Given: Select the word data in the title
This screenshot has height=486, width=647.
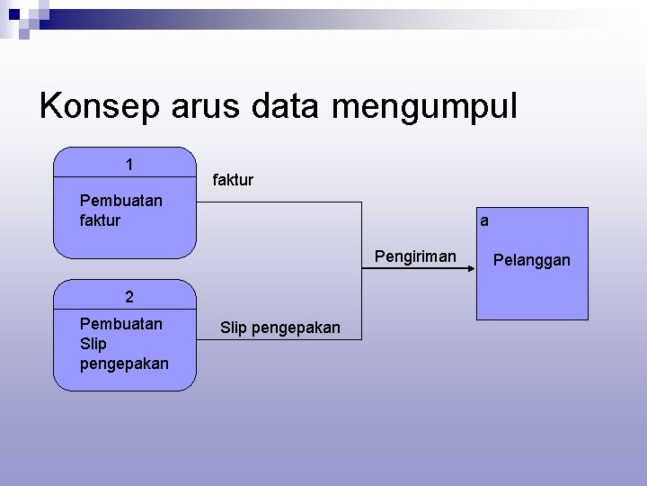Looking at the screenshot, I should pyautogui.click(x=286, y=107).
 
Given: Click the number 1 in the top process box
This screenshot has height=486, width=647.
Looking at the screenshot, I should pyautogui.click(x=129, y=165).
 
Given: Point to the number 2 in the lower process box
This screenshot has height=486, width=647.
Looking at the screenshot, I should pyautogui.click(x=129, y=297).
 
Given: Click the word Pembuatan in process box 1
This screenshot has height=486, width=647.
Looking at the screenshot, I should pyautogui.click(x=121, y=201).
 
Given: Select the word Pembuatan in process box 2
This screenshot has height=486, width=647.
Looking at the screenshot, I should pyautogui.click(x=121, y=323).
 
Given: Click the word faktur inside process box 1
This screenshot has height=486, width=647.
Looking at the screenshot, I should pyautogui.click(x=100, y=220).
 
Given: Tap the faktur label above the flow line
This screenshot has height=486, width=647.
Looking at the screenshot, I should pyautogui.click(x=233, y=180).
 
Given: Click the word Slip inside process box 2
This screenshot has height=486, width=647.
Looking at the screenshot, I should pyautogui.click(x=93, y=344).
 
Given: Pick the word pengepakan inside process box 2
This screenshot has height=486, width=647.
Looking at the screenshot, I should pyautogui.click(x=124, y=364).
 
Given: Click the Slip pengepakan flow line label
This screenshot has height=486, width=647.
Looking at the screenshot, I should pyautogui.click(x=280, y=328).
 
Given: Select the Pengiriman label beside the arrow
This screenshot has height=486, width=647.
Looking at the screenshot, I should pyautogui.click(x=415, y=257).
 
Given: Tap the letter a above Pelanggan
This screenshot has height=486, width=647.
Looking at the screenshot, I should pyautogui.click(x=484, y=220).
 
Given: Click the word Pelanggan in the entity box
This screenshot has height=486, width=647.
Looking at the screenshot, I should pyautogui.click(x=532, y=260).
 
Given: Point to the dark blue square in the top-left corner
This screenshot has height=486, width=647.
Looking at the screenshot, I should pyautogui.click(x=13, y=13).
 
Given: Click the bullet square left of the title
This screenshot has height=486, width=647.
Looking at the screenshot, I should pyautogui.click(x=24, y=32).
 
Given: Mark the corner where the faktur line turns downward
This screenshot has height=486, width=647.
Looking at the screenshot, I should pyautogui.click(x=363, y=201).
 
